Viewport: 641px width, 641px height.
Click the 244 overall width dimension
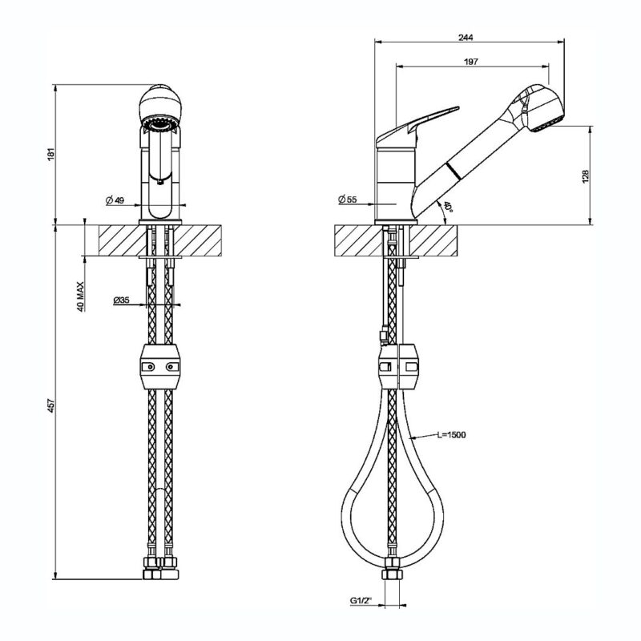[466, 38]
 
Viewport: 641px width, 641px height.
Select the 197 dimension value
[471, 62]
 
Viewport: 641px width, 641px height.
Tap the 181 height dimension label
[50, 154]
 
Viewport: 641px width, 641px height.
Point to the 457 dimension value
[51, 405]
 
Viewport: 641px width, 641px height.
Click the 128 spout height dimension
[586, 176]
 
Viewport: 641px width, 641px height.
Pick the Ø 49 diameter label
[115, 200]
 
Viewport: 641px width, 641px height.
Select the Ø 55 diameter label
[348, 200]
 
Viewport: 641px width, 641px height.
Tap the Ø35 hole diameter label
[122, 300]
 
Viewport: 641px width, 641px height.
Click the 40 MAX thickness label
[81, 296]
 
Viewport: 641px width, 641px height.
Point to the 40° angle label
[448, 207]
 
